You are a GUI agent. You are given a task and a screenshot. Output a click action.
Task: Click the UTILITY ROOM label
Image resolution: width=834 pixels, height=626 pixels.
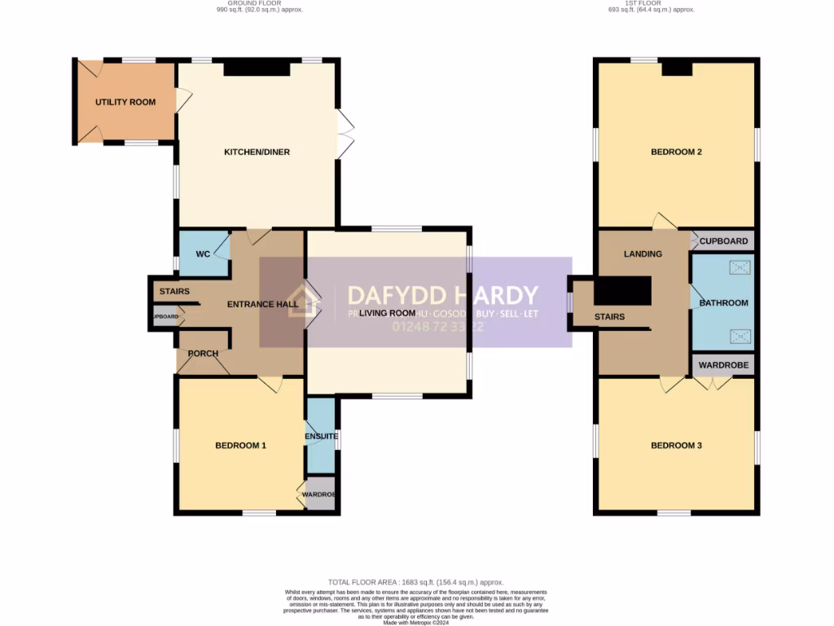[x=125, y=102]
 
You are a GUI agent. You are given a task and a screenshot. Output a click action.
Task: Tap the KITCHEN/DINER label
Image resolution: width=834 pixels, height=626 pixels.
[x=257, y=152]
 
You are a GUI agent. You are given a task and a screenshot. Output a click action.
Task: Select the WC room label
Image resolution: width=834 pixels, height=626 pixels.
[x=203, y=254]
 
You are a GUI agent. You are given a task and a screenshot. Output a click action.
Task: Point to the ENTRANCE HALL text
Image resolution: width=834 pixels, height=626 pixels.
[x=262, y=304]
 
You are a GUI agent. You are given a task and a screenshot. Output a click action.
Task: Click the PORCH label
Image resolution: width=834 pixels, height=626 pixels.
[x=203, y=354]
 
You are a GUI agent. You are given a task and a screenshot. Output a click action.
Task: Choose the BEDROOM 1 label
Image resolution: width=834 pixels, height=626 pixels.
[x=240, y=446]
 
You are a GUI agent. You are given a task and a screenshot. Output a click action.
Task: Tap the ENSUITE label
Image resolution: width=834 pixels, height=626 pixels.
[x=322, y=437]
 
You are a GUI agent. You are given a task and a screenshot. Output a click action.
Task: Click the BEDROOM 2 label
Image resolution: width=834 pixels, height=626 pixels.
[x=676, y=152]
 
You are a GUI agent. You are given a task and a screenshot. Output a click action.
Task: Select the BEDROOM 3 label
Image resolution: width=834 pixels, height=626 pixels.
[x=676, y=446]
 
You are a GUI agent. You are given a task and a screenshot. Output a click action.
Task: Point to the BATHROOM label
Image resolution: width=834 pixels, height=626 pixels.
[x=722, y=303]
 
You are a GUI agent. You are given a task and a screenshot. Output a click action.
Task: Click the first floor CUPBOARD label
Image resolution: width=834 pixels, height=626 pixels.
[x=723, y=241]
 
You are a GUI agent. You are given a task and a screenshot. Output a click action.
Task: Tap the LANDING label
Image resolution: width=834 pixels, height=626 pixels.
[x=643, y=253]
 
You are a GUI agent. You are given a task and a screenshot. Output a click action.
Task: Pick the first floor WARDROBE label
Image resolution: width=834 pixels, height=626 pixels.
[x=723, y=365]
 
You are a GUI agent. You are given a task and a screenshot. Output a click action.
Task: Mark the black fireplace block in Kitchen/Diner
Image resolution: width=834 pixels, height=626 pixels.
[x=257, y=69]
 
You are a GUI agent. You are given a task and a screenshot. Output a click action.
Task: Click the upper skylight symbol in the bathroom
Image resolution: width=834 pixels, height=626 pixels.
[x=741, y=267]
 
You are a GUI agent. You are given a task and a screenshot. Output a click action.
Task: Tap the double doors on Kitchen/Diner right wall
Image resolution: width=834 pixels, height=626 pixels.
[x=346, y=134]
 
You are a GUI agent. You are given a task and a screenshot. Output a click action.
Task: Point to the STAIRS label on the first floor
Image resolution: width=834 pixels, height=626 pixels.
[x=609, y=316]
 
